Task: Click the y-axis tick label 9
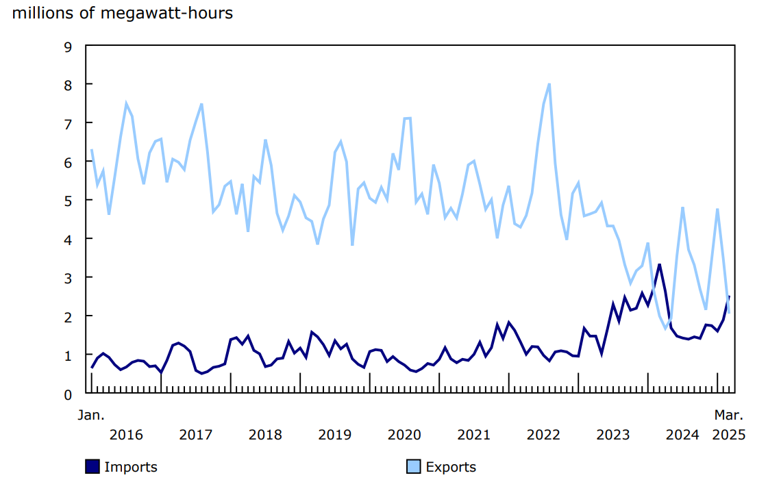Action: pos(67,47)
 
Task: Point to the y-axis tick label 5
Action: pos(67,201)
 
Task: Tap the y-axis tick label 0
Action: pos(67,394)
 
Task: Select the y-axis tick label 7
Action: pos(67,123)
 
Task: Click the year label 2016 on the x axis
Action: pos(126,435)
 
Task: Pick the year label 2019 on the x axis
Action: pos(335,435)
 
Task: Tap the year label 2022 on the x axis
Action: pos(543,435)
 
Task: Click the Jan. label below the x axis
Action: pos(90,415)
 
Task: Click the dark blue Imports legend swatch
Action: pos(92,467)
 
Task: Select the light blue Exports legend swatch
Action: pos(413,467)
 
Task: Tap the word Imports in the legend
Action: pos(131,467)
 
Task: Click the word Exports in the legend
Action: pos(451,467)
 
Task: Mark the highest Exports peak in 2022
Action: pos(549,84)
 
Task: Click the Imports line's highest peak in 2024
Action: pos(659,264)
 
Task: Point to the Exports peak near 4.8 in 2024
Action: pos(683,207)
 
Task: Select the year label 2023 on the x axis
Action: pos(613,435)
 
